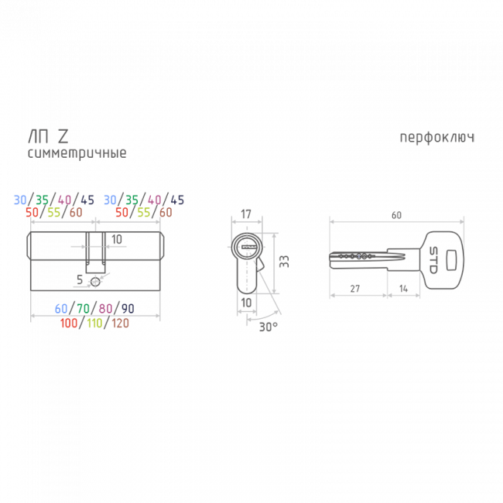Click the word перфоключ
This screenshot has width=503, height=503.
coord(437,138)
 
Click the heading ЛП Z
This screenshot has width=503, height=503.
coord(49,136)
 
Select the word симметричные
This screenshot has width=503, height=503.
coord(77,153)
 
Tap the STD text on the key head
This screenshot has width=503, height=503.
coord(433,260)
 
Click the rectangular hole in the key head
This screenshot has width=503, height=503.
coord(452,260)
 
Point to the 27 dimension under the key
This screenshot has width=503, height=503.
coord(355,289)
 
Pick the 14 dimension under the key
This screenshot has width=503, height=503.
coord(403,289)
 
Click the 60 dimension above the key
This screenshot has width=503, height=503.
coord(396,215)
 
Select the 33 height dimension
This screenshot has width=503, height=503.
coord(284,262)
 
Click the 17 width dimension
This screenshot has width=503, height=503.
coord(246,214)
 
